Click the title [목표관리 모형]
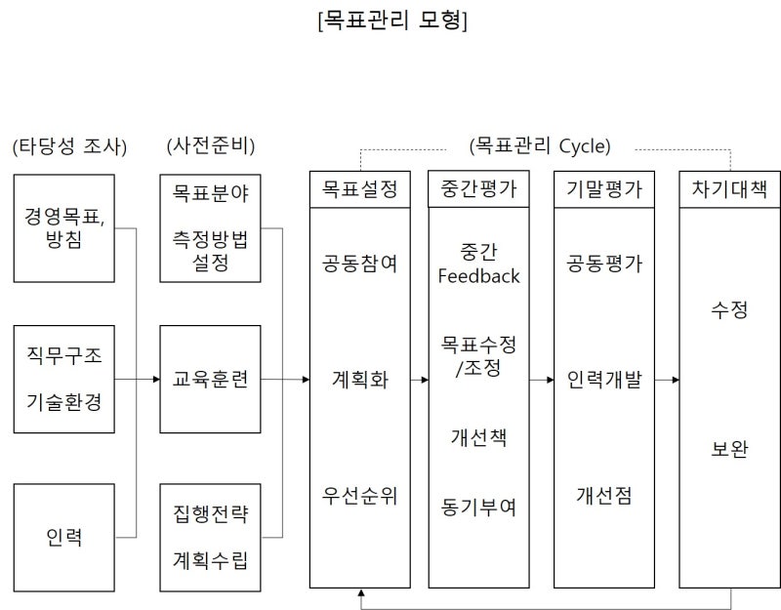point(392,20)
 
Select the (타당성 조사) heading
point(69,146)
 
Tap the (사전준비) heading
point(211,145)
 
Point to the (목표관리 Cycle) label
point(540,145)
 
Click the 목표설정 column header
point(360,189)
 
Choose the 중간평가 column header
point(478,189)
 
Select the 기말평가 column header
point(604,189)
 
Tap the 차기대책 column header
point(729,189)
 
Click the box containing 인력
point(64,538)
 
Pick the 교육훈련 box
point(210,380)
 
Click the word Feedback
point(478,276)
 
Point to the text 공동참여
point(359,264)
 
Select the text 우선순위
point(359,496)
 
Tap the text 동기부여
point(478,508)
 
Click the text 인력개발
point(604,380)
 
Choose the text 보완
point(729,449)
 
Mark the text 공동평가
point(604,264)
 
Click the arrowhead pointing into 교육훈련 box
point(156,380)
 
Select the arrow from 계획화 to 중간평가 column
point(420,380)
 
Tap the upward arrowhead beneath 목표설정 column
point(361,592)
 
